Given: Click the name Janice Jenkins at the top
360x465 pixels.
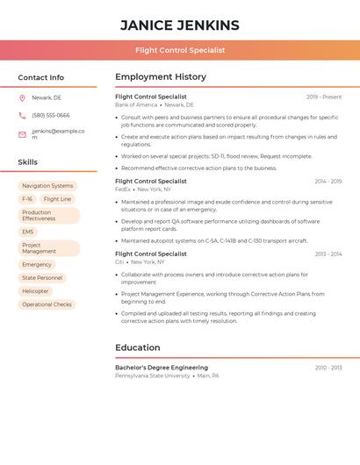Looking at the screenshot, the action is pyautogui.click(x=179, y=25).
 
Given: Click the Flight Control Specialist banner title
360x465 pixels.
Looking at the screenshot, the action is pyautogui.click(x=179, y=50).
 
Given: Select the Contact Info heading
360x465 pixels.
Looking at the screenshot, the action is pyautogui.click(x=40, y=77).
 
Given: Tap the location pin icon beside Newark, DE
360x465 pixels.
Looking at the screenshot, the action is pyautogui.click(x=22, y=98).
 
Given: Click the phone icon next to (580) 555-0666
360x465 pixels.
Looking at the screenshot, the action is pyautogui.click(x=22, y=116).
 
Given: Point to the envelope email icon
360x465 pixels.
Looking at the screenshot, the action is pyautogui.click(x=22, y=134).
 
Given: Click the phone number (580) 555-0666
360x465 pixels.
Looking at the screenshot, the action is pyautogui.click(x=51, y=116).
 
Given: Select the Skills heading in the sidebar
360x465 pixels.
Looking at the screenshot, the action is pyautogui.click(x=27, y=162).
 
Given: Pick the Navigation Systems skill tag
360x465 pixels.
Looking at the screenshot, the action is pyautogui.click(x=47, y=186).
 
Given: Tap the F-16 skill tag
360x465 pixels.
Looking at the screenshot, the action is pyautogui.click(x=27, y=199).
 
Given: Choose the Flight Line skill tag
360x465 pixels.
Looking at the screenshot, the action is pyautogui.click(x=57, y=199).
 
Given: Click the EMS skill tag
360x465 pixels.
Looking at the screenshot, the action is pyautogui.click(x=28, y=232).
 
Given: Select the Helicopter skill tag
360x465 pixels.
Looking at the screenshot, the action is pyautogui.click(x=36, y=291).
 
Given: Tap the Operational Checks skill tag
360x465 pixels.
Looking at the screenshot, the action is pyautogui.click(x=47, y=304).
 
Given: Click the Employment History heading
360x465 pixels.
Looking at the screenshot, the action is pyautogui.click(x=160, y=77).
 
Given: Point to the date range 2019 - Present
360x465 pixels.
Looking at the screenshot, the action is pyautogui.click(x=324, y=97).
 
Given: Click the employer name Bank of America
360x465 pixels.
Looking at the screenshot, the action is pyautogui.click(x=136, y=104).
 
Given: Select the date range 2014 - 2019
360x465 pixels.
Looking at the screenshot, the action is pyautogui.click(x=328, y=182).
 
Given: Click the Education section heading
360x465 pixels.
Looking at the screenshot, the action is pyautogui.click(x=137, y=347).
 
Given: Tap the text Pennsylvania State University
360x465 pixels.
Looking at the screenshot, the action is pyautogui.click(x=152, y=376).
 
